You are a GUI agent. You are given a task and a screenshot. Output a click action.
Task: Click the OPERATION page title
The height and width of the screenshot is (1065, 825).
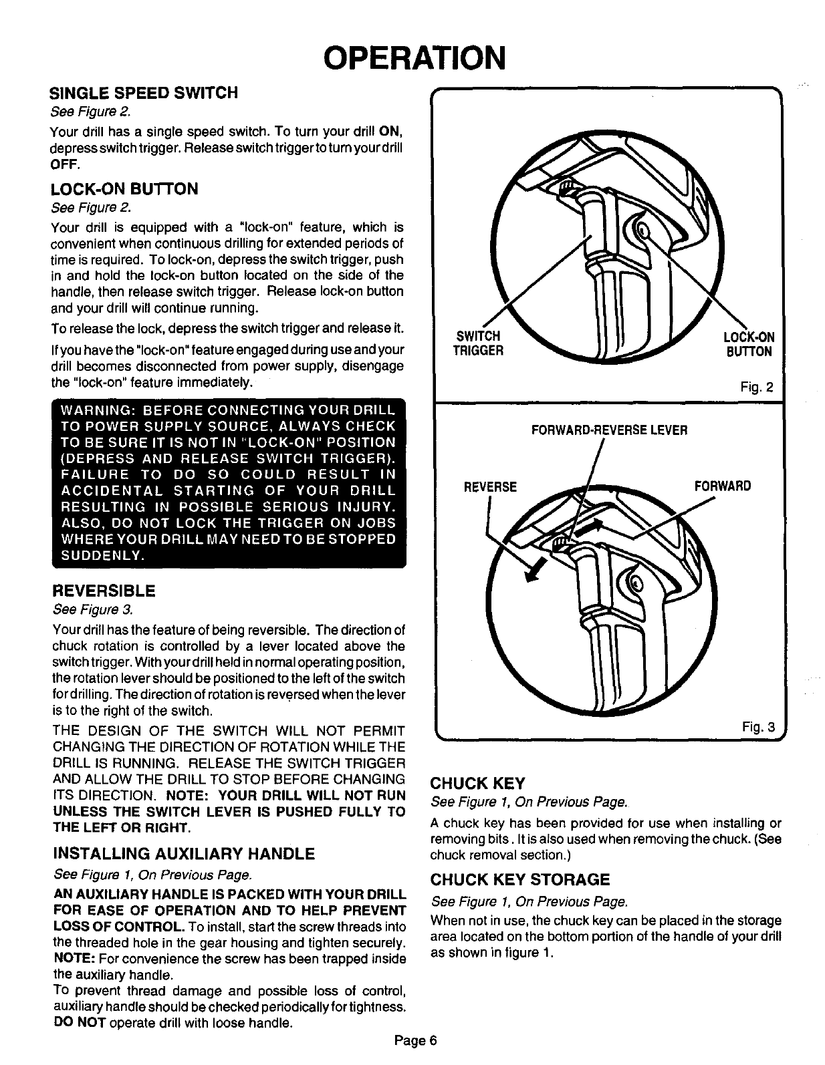click(412, 57)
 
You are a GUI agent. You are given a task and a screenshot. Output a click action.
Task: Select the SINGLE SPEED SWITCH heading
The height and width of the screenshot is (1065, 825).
click(144, 93)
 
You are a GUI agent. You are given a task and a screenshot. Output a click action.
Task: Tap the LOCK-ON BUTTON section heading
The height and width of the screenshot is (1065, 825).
click(124, 189)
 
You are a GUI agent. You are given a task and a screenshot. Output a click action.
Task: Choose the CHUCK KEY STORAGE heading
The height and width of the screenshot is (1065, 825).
click(520, 879)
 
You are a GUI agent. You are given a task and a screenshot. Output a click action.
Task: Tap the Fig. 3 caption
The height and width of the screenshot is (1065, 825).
click(759, 728)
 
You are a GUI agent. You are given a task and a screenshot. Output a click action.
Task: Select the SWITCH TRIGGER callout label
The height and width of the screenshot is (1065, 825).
click(477, 344)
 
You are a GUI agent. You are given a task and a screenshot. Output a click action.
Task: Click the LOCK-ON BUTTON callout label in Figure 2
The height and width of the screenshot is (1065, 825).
click(749, 344)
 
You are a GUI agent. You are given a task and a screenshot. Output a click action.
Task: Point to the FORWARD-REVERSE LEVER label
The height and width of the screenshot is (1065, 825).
click(609, 430)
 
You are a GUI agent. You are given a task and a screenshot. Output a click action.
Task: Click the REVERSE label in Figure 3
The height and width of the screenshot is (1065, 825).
click(490, 486)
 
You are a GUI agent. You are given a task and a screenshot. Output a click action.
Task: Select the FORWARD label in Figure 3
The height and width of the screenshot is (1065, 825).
click(722, 486)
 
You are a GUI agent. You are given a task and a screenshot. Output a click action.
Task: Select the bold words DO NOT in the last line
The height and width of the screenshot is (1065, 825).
click(78, 1024)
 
